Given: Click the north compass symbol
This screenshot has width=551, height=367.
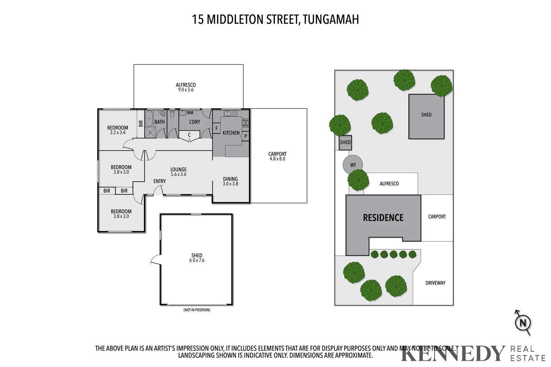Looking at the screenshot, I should [x=523, y=323].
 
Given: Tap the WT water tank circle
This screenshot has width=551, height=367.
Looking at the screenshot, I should [x=353, y=165].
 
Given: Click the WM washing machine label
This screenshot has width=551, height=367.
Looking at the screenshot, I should [x=190, y=112].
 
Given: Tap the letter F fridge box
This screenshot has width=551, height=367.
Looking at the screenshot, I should [x=217, y=128].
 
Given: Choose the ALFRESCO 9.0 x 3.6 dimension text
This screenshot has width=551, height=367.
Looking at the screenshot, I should [x=186, y=90].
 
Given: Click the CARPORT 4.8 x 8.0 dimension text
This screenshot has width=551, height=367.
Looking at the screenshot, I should [x=277, y=159].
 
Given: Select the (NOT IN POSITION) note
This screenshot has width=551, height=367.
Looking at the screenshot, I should [x=197, y=310].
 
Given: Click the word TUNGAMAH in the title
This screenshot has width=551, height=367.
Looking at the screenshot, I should [x=331, y=20].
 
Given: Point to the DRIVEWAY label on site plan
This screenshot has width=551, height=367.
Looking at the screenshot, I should [x=435, y=283].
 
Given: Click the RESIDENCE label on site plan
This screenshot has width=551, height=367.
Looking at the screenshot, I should [x=383, y=218].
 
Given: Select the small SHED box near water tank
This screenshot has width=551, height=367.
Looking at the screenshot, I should [x=345, y=142].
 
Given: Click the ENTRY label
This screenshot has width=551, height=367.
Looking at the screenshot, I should [x=159, y=181].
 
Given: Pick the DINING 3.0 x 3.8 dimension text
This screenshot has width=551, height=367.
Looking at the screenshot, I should [x=230, y=184].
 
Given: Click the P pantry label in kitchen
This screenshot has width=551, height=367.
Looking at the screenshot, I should [x=246, y=136].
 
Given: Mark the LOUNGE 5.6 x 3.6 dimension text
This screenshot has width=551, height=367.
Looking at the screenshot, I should [x=178, y=174].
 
